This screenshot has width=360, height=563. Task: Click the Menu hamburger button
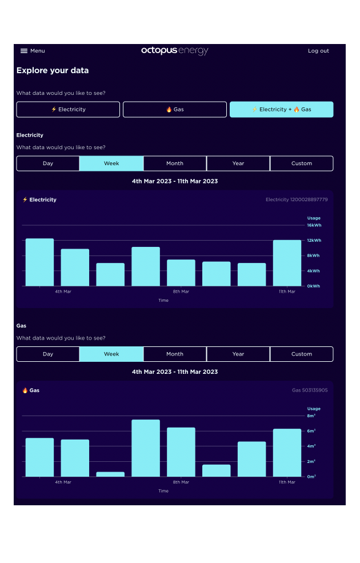pyautogui.click(x=32, y=51)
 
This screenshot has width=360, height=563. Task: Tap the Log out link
pyautogui.click(x=318, y=51)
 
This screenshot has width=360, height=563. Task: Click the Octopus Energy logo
pyautogui.click(x=175, y=51)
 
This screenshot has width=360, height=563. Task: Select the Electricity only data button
pyautogui.click(x=68, y=109)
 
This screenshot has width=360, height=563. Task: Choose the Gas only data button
pyautogui.click(x=175, y=109)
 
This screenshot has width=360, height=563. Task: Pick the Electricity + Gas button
pyautogui.click(x=281, y=109)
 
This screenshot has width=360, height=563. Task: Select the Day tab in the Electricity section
pyautogui.click(x=48, y=163)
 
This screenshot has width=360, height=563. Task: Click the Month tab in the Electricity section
pyautogui.click(x=175, y=163)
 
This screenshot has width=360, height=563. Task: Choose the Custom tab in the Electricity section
pyautogui.click(x=301, y=163)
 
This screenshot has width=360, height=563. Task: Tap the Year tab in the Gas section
pyautogui.click(x=238, y=354)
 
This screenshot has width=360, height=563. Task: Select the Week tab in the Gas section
pyautogui.click(x=111, y=354)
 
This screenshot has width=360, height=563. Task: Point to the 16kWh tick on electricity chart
pyautogui.click(x=314, y=225)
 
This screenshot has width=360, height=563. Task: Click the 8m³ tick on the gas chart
pyautogui.click(x=311, y=416)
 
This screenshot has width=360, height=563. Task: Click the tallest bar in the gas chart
pyautogui.click(x=146, y=448)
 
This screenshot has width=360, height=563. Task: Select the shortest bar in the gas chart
pyautogui.click(x=110, y=474)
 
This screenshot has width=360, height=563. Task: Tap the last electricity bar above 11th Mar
pyautogui.click(x=287, y=263)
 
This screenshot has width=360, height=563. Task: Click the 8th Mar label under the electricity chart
pyautogui.click(x=181, y=292)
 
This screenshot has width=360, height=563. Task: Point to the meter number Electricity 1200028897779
pyautogui.click(x=297, y=199)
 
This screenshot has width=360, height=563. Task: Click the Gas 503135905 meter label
pyautogui.click(x=310, y=390)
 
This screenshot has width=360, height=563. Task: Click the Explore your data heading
pyautogui.click(x=53, y=71)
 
